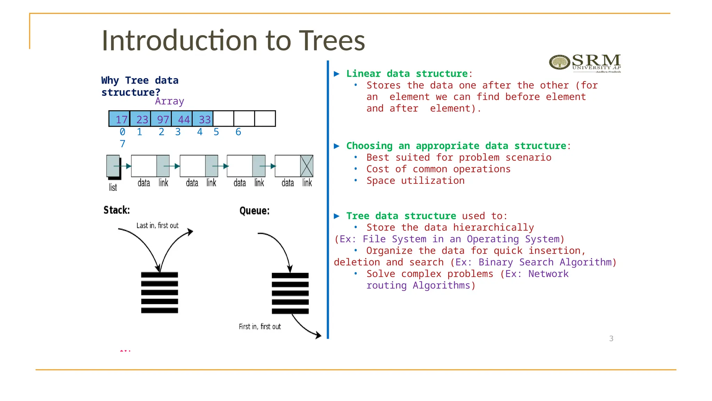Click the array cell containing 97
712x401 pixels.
(161, 119)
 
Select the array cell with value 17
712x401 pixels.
(119, 119)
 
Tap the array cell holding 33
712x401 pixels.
(203, 119)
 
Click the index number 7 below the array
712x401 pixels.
(122, 144)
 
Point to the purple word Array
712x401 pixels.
(169, 101)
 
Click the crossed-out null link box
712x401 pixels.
(307, 166)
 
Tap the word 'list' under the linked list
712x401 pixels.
(113, 188)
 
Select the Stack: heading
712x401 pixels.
(116, 210)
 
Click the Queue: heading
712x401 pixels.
(254, 211)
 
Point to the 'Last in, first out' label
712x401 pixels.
(157, 226)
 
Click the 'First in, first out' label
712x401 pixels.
(260, 327)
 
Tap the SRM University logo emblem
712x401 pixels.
(559, 63)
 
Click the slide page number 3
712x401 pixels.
(611, 338)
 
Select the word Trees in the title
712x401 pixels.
(332, 40)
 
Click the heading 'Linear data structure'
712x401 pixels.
(407, 73)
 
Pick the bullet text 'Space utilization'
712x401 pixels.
(415, 181)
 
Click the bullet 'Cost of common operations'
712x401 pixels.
(438, 169)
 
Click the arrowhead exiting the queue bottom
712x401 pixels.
(318, 336)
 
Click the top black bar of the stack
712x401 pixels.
(160, 275)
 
